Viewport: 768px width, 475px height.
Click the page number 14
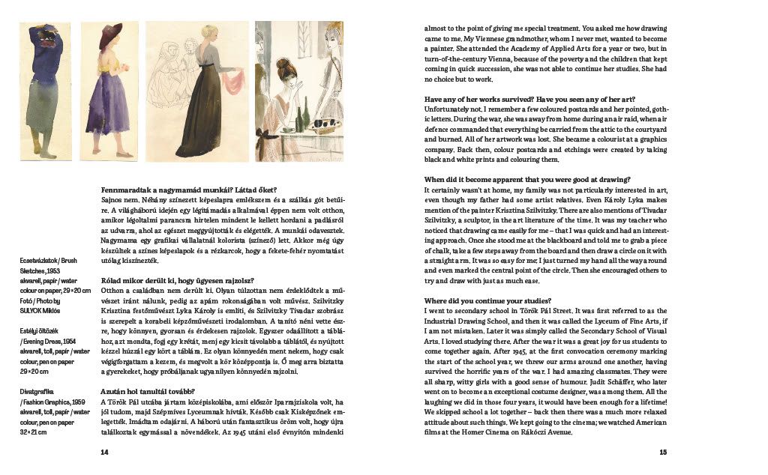tap(104, 452)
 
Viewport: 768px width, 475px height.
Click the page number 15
tap(663, 452)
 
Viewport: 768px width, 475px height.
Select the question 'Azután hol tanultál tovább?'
tap(147, 391)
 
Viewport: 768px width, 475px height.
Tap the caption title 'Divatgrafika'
tap(35, 390)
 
